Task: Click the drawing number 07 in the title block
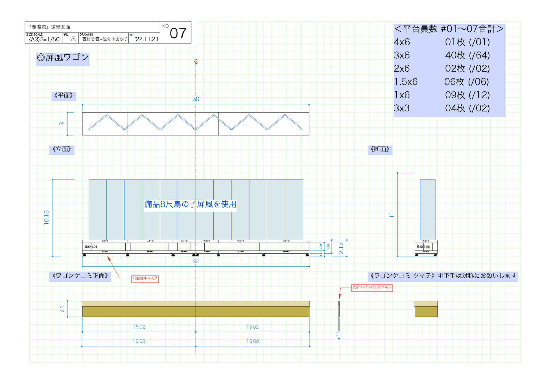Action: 178,33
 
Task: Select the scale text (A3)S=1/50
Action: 44,39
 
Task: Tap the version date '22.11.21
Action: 147,39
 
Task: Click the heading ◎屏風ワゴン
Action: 63,58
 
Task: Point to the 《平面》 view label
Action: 64,96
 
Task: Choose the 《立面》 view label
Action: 62,149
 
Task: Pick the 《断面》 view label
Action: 380,149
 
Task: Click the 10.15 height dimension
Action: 47,217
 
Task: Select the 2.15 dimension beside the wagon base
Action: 341,248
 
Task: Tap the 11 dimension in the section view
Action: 392,215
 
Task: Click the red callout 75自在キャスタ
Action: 145,279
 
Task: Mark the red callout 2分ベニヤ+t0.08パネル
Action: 372,287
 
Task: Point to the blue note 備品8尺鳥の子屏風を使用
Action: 190,204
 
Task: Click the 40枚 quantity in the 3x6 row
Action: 455,55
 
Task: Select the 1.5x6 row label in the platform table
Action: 406,82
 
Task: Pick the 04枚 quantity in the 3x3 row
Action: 455,108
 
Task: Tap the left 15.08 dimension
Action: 139,341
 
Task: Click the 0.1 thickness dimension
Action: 338,334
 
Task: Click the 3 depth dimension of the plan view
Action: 62,124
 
